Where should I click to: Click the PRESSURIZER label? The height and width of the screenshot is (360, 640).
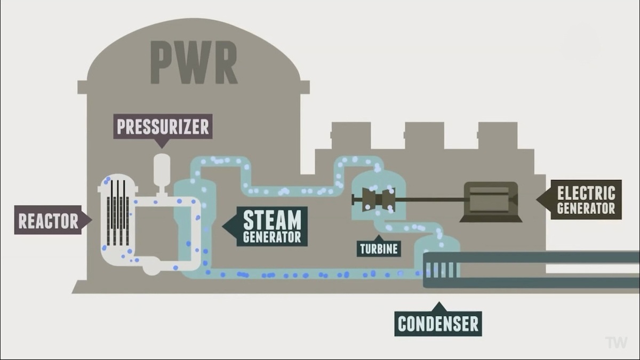point(163,126)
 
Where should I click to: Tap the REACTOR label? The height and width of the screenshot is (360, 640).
point(48,220)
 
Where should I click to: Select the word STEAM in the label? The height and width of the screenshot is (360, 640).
point(272,220)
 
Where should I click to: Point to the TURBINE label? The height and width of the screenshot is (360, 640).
point(379,249)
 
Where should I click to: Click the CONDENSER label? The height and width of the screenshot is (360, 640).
point(438,323)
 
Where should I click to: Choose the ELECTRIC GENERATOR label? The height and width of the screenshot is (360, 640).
point(586,199)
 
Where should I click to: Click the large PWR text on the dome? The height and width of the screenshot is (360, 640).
point(194,62)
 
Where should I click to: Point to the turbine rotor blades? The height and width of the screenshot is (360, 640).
point(379,199)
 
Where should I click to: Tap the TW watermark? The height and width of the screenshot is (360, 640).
point(616,342)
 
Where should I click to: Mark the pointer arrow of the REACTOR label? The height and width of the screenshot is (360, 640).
point(87,220)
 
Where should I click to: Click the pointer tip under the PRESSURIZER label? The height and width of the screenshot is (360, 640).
point(162,148)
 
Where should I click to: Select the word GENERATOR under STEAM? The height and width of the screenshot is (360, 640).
point(272,237)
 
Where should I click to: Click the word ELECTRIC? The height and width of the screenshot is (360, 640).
point(586,193)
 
